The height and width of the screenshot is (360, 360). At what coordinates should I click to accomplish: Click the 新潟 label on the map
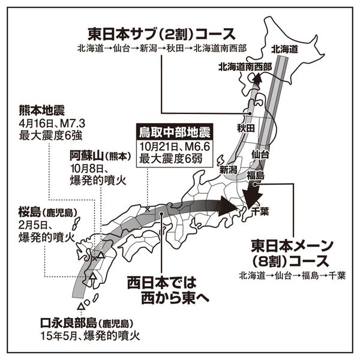[229, 171]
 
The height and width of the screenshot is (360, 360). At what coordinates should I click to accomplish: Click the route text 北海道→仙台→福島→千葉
[292, 277]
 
